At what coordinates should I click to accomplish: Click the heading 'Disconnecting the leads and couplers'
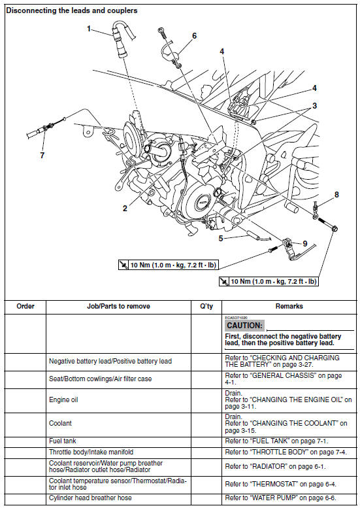pos(72,11)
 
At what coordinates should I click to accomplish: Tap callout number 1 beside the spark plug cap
pos(89,28)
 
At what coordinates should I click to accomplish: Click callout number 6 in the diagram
pos(194,36)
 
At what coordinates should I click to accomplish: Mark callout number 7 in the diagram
pos(42,155)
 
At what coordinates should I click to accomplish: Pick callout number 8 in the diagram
pos(336,194)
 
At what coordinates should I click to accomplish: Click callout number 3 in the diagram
pos(314,105)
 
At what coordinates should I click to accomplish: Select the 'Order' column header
pos(25,306)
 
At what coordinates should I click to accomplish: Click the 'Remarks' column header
pos(289,306)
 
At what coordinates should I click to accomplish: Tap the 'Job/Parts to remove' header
pos(118,306)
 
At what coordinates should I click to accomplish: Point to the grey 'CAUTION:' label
pos(244,325)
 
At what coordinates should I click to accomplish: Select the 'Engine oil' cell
pos(64,399)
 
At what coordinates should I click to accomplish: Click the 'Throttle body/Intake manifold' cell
pos(92,452)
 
